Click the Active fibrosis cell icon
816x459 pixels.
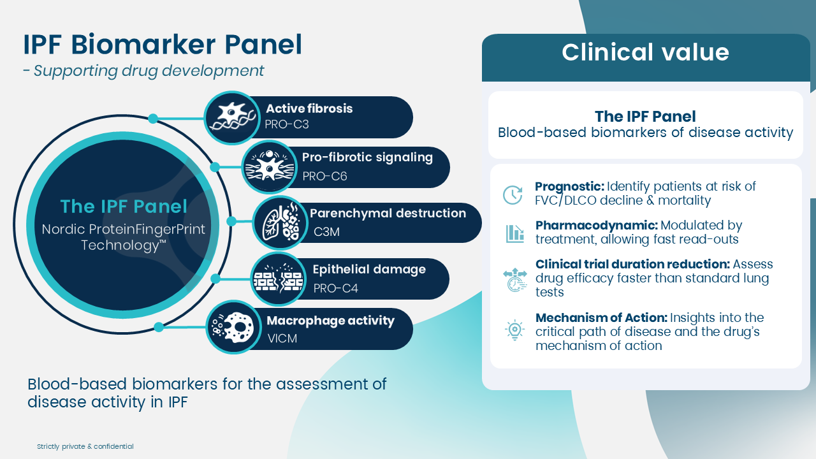(231, 117)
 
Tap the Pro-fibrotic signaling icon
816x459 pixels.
(269, 167)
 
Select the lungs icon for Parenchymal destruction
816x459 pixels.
(281, 222)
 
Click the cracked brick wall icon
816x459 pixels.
(279, 279)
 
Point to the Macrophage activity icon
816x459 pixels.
(233, 327)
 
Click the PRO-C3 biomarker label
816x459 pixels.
(287, 124)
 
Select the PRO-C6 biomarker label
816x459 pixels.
(324, 177)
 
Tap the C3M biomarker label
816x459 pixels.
(326, 231)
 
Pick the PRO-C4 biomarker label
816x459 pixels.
(335, 289)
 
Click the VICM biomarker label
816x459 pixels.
(282, 339)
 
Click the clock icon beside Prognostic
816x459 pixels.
(513, 194)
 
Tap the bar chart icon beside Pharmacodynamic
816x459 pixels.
(514, 233)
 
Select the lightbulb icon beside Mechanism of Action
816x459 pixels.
(514, 330)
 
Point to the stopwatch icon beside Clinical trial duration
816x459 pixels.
(515, 280)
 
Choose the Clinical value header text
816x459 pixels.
(645, 52)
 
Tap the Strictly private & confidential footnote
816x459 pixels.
(85, 446)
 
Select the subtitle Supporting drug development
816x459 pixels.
(149, 71)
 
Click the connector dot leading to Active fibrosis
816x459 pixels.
(153, 119)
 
